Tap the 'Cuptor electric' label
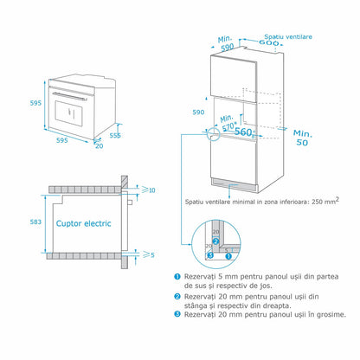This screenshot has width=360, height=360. (84, 222)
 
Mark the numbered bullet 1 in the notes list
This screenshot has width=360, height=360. (177, 274)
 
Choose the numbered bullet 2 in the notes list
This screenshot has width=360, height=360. (177, 297)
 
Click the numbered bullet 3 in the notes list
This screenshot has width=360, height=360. (177, 315)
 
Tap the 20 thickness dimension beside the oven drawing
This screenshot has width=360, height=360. (100, 146)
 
